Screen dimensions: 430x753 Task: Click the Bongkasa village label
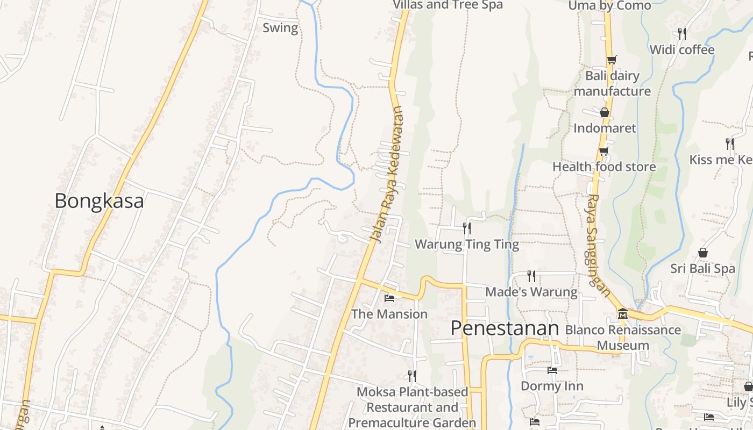coord(99,201)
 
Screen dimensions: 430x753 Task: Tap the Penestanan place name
coord(505,328)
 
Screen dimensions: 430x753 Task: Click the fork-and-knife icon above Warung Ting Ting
coord(466,228)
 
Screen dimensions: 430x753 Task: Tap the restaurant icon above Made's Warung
coord(531,276)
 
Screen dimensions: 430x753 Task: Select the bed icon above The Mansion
coord(389,298)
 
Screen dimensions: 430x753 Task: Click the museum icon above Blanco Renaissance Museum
coord(623,313)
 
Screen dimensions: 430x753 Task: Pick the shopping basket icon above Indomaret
coord(605,112)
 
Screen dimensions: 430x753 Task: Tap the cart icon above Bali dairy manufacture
coord(612,60)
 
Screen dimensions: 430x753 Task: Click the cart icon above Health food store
coord(604,151)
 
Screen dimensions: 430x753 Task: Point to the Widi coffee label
coord(682,50)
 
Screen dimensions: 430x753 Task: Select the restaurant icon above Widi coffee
coord(682,34)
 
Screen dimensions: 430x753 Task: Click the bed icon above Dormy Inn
coord(552,370)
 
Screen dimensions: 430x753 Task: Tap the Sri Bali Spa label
coord(702,268)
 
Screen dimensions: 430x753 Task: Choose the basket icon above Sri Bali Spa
coord(702,253)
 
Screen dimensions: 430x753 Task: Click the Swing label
coord(280,28)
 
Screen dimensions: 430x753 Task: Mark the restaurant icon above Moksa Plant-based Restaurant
coord(412,376)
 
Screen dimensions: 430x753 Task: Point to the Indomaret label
coord(605,128)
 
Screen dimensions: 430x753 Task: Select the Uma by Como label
coord(609,5)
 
